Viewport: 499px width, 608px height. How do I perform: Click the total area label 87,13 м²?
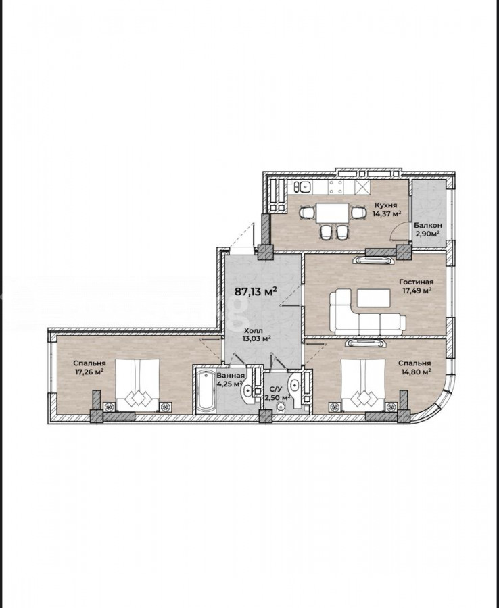click(x=256, y=291)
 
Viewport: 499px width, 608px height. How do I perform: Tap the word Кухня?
click(x=385, y=205)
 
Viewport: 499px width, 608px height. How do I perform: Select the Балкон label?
click(x=427, y=225)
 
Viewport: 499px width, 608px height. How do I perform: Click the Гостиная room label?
click(x=417, y=282)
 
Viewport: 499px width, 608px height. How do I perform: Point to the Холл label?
click(x=254, y=331)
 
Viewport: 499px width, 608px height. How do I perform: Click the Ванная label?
click(x=231, y=376)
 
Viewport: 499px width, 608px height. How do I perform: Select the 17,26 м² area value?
click(x=89, y=372)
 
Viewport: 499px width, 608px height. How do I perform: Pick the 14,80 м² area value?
click(x=417, y=372)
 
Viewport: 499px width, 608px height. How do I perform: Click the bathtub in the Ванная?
click(x=206, y=390)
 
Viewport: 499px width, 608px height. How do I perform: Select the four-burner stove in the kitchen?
click(x=335, y=186)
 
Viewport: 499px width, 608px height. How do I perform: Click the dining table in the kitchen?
click(x=332, y=213)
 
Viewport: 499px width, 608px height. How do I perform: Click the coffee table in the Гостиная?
click(x=374, y=298)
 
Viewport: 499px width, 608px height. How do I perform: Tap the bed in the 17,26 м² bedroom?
click(x=138, y=384)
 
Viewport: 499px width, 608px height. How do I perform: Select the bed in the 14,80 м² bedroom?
click(x=363, y=384)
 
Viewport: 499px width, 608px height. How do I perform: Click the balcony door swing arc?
click(x=395, y=232)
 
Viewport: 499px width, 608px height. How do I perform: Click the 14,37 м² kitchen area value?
click(x=387, y=213)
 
